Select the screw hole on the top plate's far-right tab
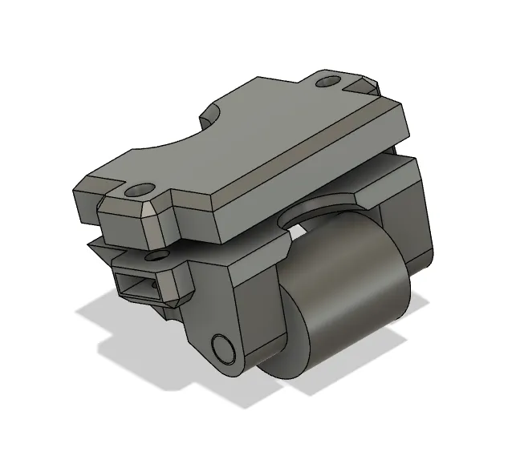point(327,81)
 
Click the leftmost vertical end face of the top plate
point(84,205)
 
